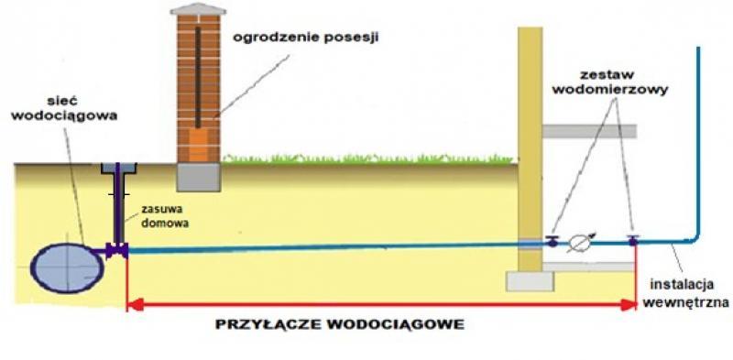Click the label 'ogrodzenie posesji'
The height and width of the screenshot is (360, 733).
[306, 38]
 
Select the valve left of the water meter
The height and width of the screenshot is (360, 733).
[552, 242]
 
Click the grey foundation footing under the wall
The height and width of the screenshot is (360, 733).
[531, 279]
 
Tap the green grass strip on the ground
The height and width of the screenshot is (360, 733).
[366, 158]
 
